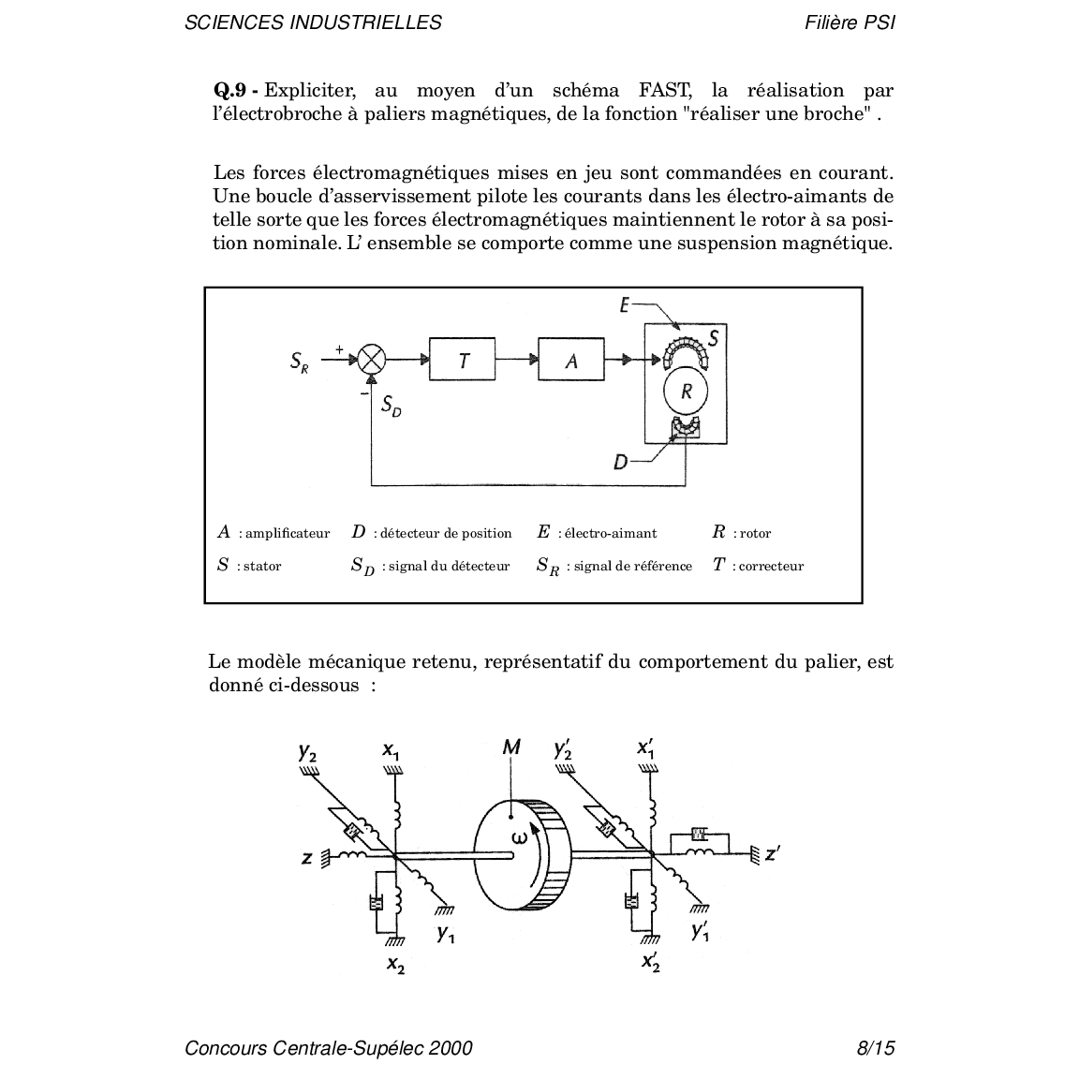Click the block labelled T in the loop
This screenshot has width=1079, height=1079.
pos(462,359)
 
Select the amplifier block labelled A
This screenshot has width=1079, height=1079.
pos(571,359)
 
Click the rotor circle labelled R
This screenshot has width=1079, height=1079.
pos(686,392)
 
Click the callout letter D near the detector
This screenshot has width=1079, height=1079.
pos(621,462)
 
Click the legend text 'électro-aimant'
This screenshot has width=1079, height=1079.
pos(610,534)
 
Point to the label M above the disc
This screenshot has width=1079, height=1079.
pos(511,746)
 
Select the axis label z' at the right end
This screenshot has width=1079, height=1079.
pos(773,853)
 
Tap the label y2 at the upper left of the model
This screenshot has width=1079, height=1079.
pos(307,751)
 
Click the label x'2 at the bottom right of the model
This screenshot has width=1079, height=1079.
pos(651,960)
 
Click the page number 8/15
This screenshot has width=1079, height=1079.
pos(875,1048)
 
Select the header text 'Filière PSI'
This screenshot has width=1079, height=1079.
pos(849,22)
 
